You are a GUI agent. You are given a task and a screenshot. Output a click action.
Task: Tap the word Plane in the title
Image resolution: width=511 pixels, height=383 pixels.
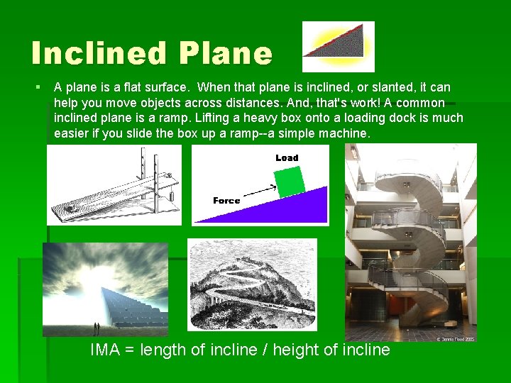[226, 54]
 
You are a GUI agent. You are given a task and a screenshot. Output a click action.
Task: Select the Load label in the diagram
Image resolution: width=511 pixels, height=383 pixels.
[287, 157]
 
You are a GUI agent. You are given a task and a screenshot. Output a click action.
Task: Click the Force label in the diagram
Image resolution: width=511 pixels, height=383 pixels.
[226, 201]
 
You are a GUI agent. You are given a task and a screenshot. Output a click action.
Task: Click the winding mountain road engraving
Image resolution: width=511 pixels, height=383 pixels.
[251, 284]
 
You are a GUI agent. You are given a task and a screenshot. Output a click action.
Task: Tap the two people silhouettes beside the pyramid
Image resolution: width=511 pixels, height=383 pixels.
[97, 328]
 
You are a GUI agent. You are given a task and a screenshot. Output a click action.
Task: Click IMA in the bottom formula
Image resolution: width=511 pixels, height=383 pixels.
[108, 350]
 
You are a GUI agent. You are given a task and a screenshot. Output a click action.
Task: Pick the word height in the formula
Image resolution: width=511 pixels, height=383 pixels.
[300, 350]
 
